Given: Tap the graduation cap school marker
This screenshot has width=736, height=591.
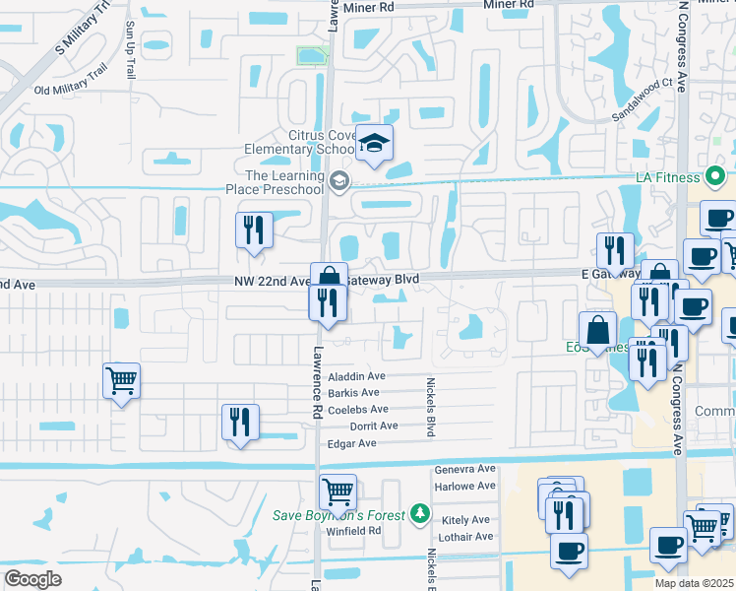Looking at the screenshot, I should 374,145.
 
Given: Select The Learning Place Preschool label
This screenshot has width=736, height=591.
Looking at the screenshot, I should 284,182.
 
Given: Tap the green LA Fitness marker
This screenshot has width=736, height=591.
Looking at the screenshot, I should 715,178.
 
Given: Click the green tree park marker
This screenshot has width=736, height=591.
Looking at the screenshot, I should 420,514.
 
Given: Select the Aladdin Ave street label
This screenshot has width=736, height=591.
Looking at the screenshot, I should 356,376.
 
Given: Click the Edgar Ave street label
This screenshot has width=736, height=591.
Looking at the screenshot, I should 352,443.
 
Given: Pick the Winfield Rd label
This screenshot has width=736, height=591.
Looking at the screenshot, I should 353,531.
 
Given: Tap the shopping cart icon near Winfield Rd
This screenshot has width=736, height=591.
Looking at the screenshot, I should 337,490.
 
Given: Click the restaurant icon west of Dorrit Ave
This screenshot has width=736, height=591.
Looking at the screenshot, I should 240,423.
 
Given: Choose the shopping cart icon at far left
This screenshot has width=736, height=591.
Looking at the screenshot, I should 121,379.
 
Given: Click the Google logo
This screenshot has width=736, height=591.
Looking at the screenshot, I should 33,579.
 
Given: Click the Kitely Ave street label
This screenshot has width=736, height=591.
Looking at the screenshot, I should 466,519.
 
